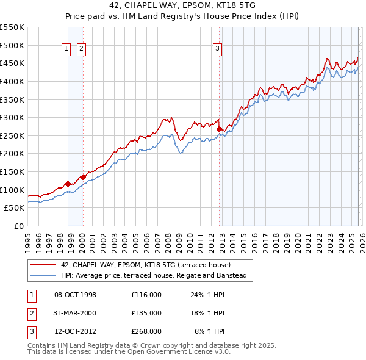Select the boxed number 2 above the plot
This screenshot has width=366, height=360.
click(x=81, y=50)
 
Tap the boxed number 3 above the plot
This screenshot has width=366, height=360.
click(x=218, y=50)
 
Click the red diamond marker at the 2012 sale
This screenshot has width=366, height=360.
click(x=219, y=129)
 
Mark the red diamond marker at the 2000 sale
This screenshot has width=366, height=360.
click(x=83, y=177)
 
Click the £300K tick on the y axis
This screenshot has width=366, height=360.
click(x=12, y=117)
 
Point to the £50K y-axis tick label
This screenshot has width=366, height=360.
click(x=15, y=207)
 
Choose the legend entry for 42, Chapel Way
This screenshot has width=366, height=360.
click(x=145, y=265)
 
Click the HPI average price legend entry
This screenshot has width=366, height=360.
click(x=153, y=276)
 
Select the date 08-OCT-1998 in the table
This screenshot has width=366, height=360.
click(x=75, y=295)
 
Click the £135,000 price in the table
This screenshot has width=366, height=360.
click(x=146, y=313)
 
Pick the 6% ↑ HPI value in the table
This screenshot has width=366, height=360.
click(x=209, y=331)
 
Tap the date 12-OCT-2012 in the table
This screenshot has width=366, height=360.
click(x=75, y=331)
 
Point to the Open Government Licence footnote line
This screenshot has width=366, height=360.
click(x=129, y=352)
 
